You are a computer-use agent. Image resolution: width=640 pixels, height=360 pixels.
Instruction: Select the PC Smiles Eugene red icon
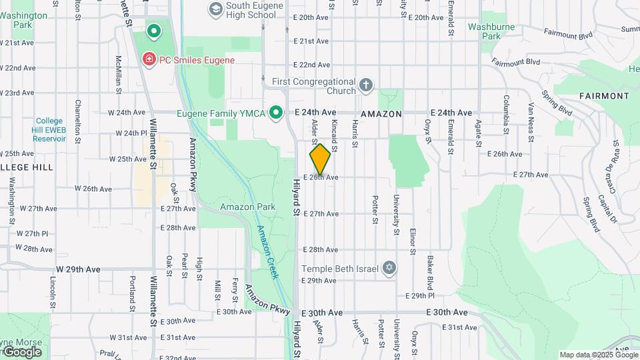[149, 60]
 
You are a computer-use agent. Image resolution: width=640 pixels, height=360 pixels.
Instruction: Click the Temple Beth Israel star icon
[389, 269]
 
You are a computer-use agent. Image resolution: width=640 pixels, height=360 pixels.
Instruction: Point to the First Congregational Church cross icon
[365, 85]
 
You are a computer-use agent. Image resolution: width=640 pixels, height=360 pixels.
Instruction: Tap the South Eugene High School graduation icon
[215, 9]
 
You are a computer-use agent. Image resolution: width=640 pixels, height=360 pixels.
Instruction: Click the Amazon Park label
[248, 207]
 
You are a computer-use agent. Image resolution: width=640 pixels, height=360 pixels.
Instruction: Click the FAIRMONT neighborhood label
[604, 96]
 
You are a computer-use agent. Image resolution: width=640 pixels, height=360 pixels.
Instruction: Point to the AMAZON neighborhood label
[381, 114]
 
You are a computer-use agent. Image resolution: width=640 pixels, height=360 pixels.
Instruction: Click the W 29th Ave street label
[78, 269]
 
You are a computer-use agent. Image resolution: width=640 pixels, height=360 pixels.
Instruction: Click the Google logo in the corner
[21, 351]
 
